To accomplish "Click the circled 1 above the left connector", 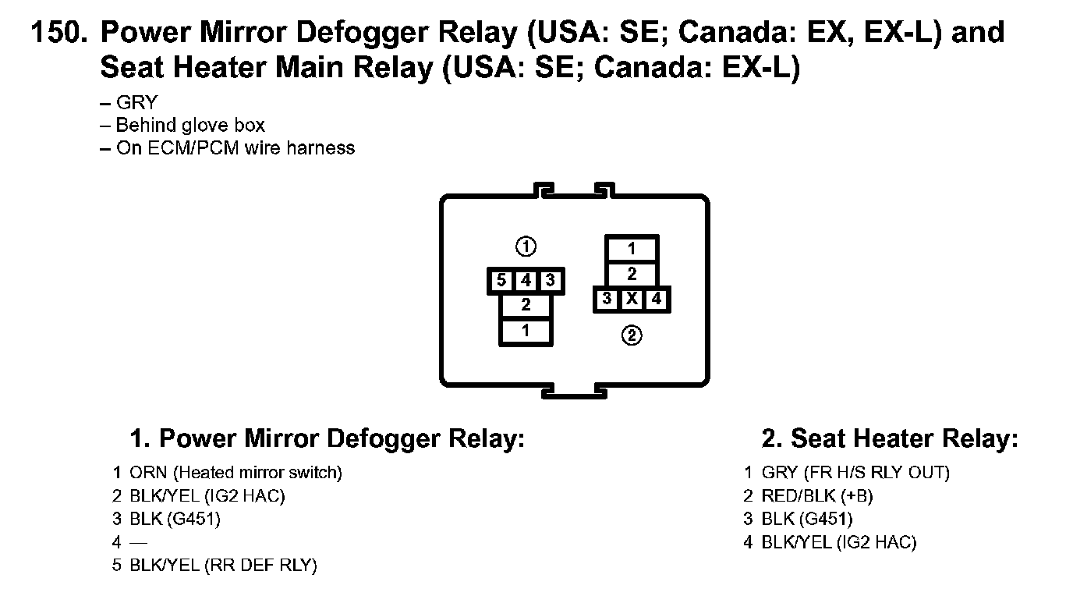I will pyautogui.click(x=526, y=247).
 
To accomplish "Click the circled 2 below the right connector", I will pyautogui.click(x=632, y=336).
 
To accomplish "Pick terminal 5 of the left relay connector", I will pyautogui.click(x=502, y=281).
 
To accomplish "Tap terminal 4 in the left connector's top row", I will pyautogui.click(x=526, y=281).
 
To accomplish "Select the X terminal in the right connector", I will pyautogui.click(x=632, y=299).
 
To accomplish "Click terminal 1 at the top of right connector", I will pyautogui.click(x=632, y=250).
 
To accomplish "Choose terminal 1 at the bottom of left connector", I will pyautogui.click(x=526, y=331).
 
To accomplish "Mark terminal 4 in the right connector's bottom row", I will pyautogui.click(x=657, y=299).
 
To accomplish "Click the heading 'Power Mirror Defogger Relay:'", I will pyautogui.click(x=327, y=438).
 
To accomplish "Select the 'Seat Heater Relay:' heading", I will pyautogui.click(x=890, y=438).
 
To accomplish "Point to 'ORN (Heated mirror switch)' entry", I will pyautogui.click(x=235, y=472).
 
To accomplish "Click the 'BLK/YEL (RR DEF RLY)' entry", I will pyautogui.click(x=223, y=566).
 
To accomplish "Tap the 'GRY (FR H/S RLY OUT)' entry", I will pyautogui.click(x=855, y=472).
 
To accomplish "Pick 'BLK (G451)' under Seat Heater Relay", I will pyautogui.click(x=807, y=519).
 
